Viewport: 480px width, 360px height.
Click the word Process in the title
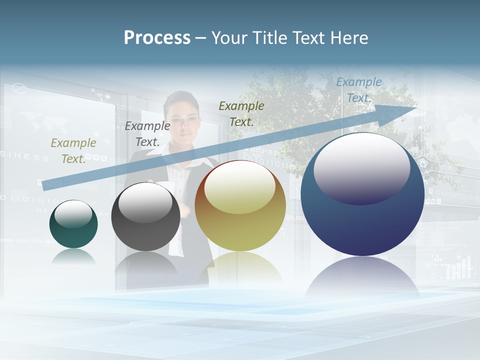(157, 38)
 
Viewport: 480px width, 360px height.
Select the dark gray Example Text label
(147, 134)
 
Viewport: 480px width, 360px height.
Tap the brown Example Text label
(241, 113)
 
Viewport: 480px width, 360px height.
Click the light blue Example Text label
(358, 90)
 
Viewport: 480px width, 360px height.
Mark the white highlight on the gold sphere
(240, 187)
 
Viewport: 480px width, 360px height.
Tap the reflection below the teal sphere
(73, 256)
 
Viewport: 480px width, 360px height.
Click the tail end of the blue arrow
(46, 185)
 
